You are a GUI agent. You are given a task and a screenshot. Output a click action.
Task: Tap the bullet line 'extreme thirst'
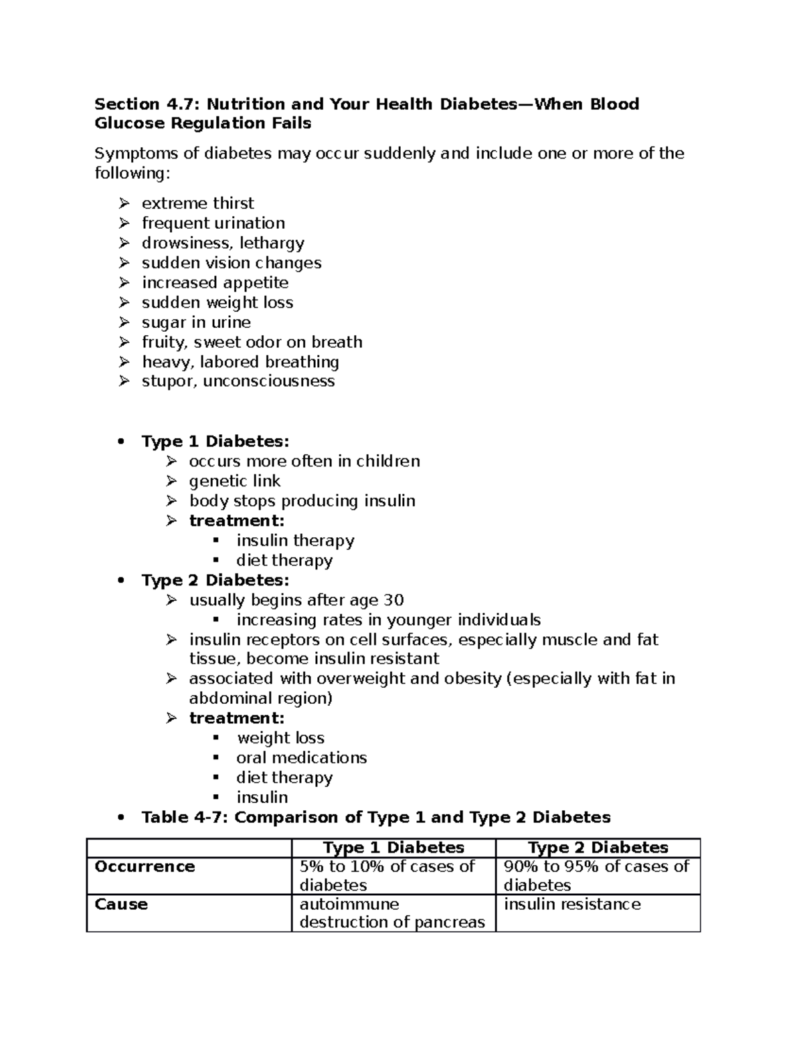click(x=197, y=203)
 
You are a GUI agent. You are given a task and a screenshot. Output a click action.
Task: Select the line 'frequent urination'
click(x=213, y=223)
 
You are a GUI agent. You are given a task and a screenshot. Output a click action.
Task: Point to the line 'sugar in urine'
click(x=196, y=322)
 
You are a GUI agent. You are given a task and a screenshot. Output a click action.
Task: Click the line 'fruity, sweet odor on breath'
click(x=252, y=343)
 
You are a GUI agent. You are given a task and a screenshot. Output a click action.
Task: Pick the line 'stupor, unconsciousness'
click(x=238, y=381)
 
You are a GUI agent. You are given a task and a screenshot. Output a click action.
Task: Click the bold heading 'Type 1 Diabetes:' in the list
click(x=215, y=442)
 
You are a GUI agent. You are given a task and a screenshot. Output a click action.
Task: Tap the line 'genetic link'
click(x=234, y=481)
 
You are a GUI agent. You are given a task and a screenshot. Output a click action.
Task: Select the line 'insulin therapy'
click(x=295, y=541)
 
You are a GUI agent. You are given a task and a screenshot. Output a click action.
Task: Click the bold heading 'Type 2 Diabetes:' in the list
click(x=215, y=580)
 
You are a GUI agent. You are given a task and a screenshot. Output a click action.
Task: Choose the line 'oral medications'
click(x=301, y=758)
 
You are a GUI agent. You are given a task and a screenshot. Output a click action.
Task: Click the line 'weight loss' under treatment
click(x=280, y=738)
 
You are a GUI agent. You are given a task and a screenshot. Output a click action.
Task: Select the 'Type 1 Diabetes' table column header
click(x=393, y=848)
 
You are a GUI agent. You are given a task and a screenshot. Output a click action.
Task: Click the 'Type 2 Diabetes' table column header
click(x=598, y=848)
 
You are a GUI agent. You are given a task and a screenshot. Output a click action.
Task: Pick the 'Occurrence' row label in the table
click(x=145, y=867)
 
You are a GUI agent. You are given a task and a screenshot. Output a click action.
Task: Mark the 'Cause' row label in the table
click(x=121, y=905)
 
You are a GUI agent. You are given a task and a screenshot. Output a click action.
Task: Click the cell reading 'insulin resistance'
click(x=572, y=905)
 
